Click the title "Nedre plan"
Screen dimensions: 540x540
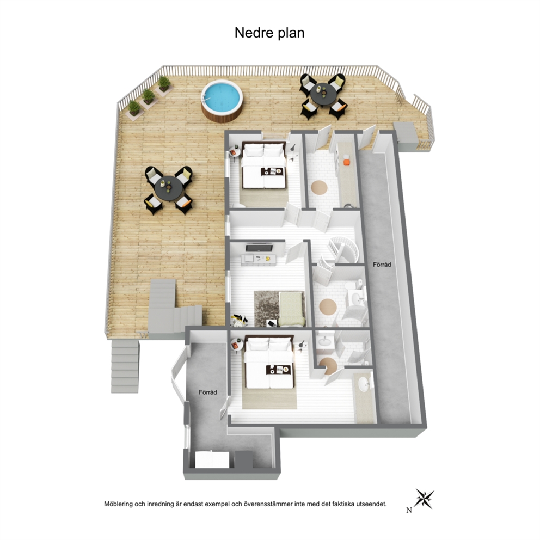(x=269, y=33)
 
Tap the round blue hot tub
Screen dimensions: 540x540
(x=222, y=100)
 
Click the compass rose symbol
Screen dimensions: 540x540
(x=424, y=498)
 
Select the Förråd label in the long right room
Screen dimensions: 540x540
(x=382, y=265)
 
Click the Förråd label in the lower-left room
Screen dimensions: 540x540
(x=207, y=392)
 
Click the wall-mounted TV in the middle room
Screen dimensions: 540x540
(x=259, y=247)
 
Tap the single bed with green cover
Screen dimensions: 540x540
(x=291, y=309)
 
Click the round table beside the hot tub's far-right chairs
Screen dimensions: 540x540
(x=323, y=94)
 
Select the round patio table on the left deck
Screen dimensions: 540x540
(x=168, y=188)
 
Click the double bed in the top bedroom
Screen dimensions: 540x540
(x=264, y=165)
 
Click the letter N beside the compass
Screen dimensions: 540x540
(x=409, y=511)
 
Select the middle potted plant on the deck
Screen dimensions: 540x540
(x=149, y=96)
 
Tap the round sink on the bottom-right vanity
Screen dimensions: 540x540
(x=363, y=385)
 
